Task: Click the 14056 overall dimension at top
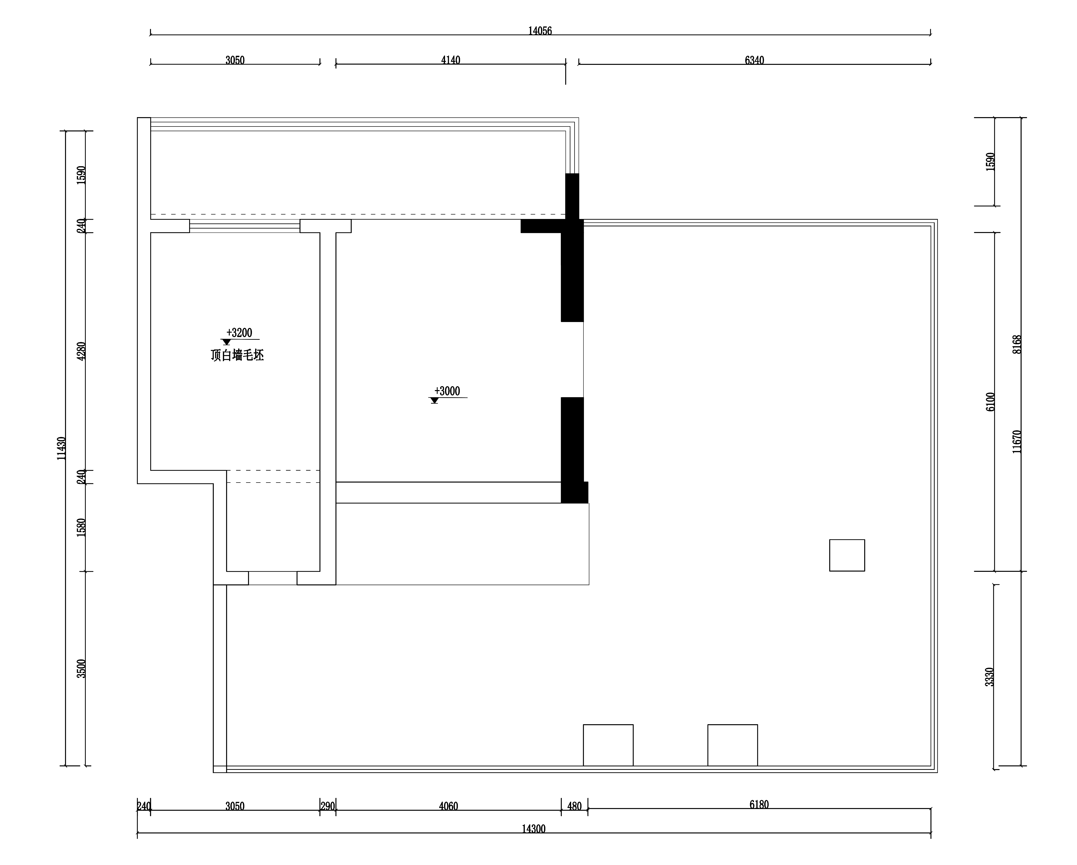(540, 31)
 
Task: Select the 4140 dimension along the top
(451, 60)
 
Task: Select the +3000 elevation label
(447, 391)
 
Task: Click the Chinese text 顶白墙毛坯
(237, 356)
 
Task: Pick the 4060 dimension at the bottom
(448, 806)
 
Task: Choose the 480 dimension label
(575, 806)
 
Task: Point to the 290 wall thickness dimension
(328, 806)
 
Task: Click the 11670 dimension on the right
(1017, 441)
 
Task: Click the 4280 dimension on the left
(82, 351)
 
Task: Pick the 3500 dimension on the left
(82, 668)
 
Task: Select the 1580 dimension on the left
(82, 527)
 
